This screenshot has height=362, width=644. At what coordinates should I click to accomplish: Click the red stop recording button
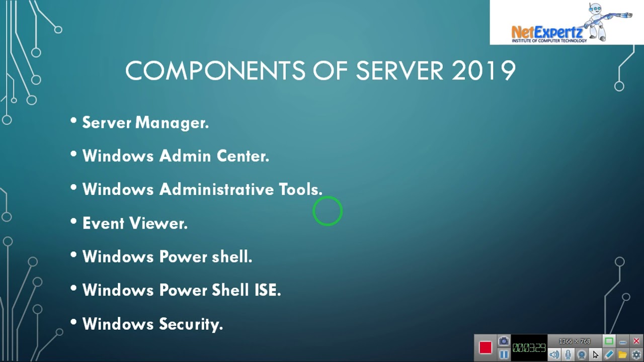click(x=485, y=348)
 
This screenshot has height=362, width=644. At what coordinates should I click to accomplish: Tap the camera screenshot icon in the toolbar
click(x=504, y=341)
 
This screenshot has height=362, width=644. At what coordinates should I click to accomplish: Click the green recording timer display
click(x=529, y=348)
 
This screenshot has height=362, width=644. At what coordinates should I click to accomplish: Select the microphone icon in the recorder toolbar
click(x=568, y=354)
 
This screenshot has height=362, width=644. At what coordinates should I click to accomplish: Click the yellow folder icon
click(x=622, y=354)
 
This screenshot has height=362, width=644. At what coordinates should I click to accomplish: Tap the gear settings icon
click(x=636, y=354)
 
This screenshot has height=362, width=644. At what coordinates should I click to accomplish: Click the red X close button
click(x=636, y=341)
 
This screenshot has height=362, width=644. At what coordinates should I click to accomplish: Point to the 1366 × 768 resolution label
click(x=575, y=341)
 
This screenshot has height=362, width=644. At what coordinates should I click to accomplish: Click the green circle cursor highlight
click(x=328, y=211)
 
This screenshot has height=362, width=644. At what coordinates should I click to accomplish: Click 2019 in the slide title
click(x=484, y=71)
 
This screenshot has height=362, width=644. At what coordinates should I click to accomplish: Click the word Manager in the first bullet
click(x=172, y=123)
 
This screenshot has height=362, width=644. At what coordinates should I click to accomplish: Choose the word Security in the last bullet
click(x=191, y=324)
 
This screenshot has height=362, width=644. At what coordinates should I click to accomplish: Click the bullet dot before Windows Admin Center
click(x=73, y=155)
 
